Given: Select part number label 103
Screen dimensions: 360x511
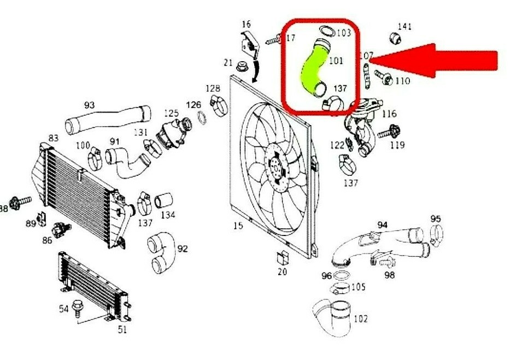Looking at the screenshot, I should [x=343, y=33].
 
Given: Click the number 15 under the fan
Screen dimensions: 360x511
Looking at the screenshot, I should [x=238, y=225].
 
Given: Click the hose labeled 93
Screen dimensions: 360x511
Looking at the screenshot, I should [x=107, y=119].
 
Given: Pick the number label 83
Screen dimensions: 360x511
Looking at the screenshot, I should [x=54, y=138].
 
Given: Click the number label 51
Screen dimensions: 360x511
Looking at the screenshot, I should [x=122, y=329].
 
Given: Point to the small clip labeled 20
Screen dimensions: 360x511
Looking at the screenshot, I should [x=282, y=257].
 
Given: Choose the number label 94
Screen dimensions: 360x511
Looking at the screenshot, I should [x=382, y=225].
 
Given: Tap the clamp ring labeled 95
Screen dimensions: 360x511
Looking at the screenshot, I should [x=436, y=234].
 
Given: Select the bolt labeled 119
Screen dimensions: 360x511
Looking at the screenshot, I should [x=392, y=132].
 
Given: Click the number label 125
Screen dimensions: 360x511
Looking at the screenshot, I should [x=171, y=114].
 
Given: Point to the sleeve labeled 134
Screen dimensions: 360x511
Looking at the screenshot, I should [x=163, y=200].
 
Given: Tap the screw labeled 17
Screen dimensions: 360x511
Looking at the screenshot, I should [x=273, y=40].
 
